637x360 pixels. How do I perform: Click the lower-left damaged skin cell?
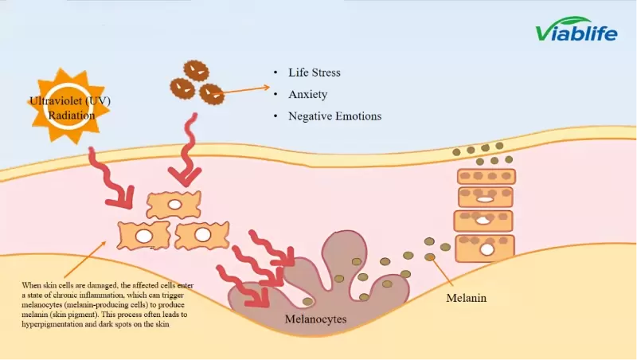[x=144, y=236]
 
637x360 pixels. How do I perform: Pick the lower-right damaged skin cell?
[x=202, y=235]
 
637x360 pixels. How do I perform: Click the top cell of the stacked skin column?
[x=486, y=176]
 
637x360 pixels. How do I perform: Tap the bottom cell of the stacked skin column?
[x=484, y=248]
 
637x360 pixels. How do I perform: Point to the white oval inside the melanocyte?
[x=308, y=301]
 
